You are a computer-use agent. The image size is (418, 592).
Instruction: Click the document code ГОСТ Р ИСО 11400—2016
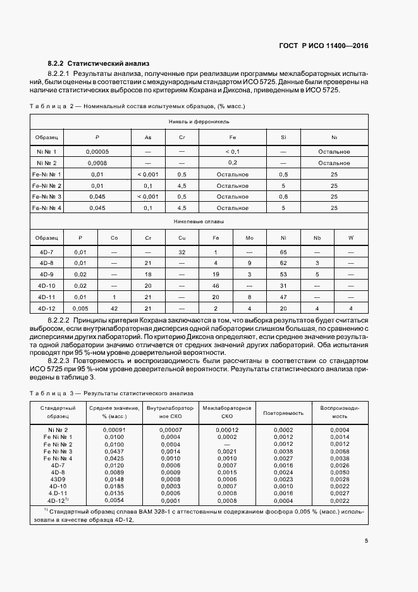click(324, 46)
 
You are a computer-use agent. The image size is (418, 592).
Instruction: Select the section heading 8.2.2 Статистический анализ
click(98, 64)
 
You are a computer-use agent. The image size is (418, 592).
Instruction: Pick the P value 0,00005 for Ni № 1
click(97, 152)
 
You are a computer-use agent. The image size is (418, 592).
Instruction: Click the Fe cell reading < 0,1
click(232, 152)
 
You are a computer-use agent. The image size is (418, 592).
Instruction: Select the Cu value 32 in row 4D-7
click(181, 252)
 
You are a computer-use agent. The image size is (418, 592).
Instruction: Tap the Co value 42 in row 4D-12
click(114, 308)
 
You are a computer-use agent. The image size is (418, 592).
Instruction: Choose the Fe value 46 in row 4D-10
click(216, 285)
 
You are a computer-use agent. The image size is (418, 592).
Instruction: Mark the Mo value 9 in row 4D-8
click(249, 262)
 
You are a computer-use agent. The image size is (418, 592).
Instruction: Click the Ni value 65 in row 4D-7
click(283, 252)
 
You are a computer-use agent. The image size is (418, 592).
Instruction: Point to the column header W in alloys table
click(351, 238)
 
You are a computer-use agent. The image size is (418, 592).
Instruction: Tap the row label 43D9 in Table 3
click(58, 479)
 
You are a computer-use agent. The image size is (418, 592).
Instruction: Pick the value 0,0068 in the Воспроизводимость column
click(340, 451)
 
